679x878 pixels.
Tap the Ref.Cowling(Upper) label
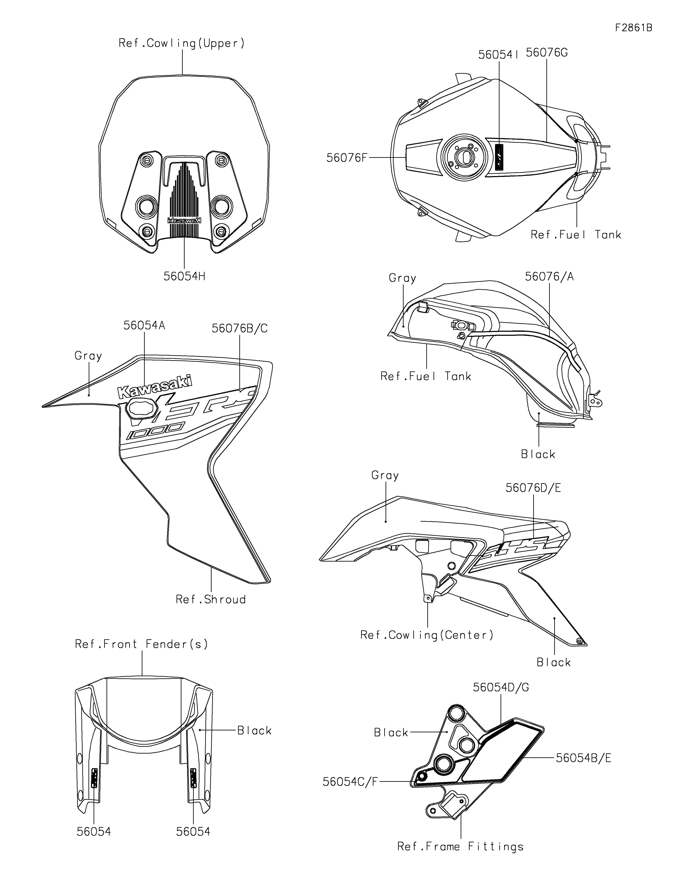181,43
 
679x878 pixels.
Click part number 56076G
547,53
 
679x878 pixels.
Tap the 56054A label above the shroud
144,325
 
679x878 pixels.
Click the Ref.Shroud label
211,599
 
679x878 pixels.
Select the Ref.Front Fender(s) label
142,644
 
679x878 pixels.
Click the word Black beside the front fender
254,730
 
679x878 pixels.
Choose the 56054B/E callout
584,758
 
